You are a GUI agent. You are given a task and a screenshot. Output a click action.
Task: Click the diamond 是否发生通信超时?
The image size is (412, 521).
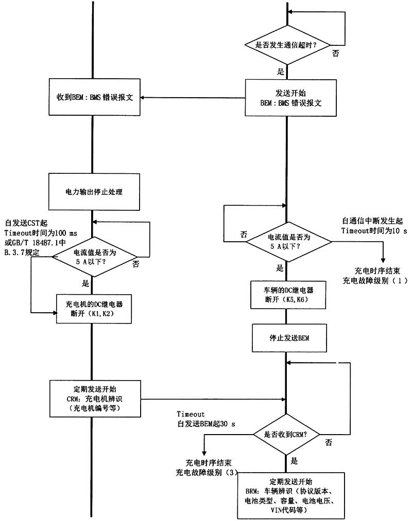point(286,45)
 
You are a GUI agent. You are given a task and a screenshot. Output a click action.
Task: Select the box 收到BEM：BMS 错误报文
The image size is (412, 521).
point(95,98)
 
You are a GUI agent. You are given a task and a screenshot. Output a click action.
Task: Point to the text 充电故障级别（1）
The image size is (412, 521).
point(375,281)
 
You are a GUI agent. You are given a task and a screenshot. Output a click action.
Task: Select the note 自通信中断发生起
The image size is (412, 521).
point(374,220)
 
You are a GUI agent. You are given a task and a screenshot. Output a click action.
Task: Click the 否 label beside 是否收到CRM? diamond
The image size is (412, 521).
point(328,442)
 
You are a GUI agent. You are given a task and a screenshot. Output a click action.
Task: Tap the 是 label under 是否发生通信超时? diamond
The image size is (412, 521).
point(281,72)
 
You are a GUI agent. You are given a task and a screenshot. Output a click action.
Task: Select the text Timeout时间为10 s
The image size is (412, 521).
point(373,231)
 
